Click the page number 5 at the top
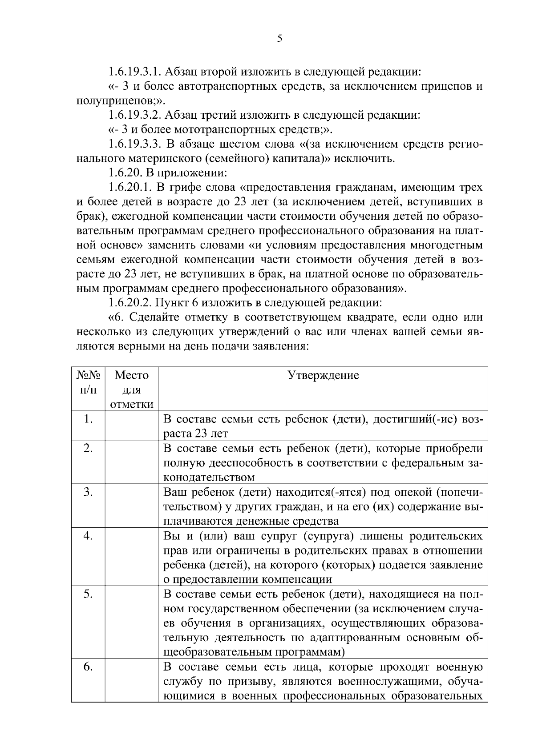[x=279, y=39]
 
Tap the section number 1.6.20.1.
[x=130, y=188]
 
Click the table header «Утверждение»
[x=323, y=375]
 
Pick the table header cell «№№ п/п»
[x=88, y=382]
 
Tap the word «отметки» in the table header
[x=132, y=404]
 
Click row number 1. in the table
[x=88, y=419]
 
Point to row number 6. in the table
[x=88, y=667]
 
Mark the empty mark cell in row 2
[x=132, y=462]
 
